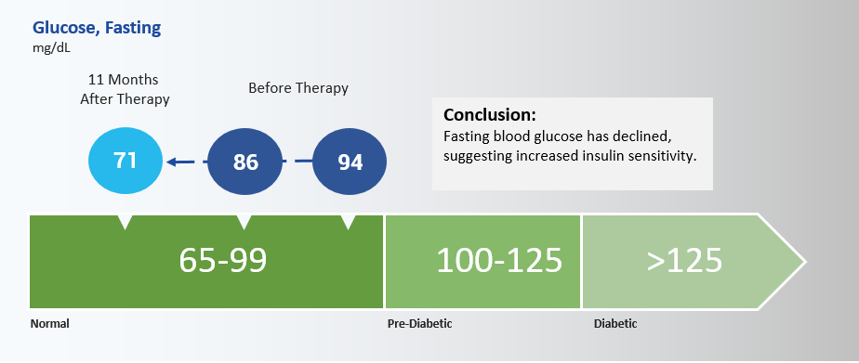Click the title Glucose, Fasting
point(97,28)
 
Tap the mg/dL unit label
point(51,47)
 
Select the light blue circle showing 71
point(126,161)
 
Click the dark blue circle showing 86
point(245,162)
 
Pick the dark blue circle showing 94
point(350,162)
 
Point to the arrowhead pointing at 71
point(173,162)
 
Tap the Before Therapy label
point(298,88)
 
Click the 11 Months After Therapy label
point(125,89)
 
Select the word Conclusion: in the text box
point(490,115)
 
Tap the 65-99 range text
point(222,260)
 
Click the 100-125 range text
point(499,260)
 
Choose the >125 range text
point(684,261)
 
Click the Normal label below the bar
point(50,324)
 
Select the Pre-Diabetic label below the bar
point(419,324)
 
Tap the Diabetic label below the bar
point(615,324)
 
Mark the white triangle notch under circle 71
point(126,221)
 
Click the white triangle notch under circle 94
point(348,221)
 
